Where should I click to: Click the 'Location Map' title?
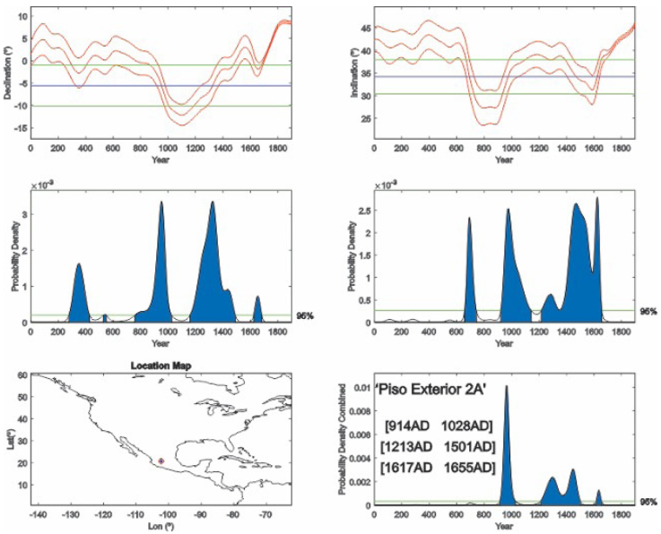click(x=161, y=366)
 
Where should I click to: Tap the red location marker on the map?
click(x=161, y=461)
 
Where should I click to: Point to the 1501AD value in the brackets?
click(x=469, y=446)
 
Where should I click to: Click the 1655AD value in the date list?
click(x=469, y=468)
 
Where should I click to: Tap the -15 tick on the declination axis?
click(x=21, y=129)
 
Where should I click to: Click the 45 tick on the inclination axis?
click(x=364, y=29)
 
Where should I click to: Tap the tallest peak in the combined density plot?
click(x=507, y=388)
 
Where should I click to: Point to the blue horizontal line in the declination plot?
click(x=161, y=86)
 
